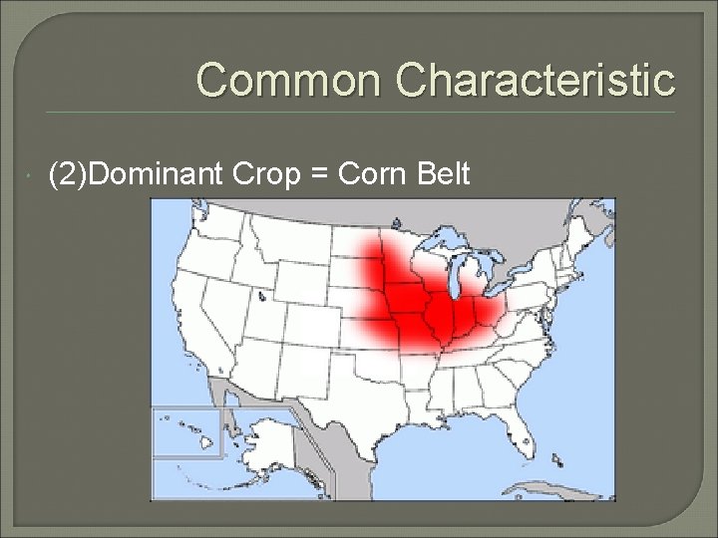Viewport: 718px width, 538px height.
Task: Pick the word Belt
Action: tap(440, 175)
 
